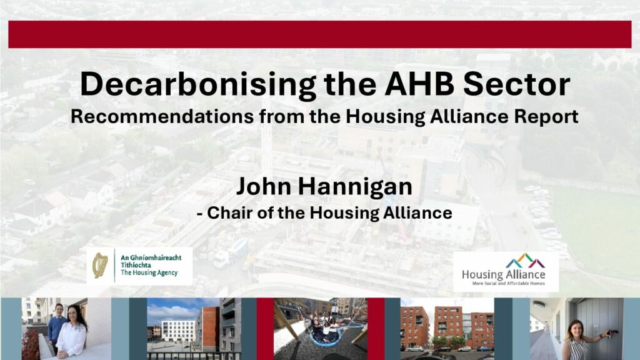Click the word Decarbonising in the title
point(197,85)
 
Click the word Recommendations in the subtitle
point(162,116)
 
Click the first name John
point(263,186)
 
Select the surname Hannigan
point(355,187)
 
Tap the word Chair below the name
point(229,212)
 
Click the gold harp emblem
point(100,265)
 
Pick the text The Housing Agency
point(149,272)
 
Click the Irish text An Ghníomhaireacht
point(151,257)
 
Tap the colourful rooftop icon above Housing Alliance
point(525,261)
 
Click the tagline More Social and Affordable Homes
point(508,283)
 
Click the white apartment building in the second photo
point(178,331)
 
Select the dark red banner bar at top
point(319,34)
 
